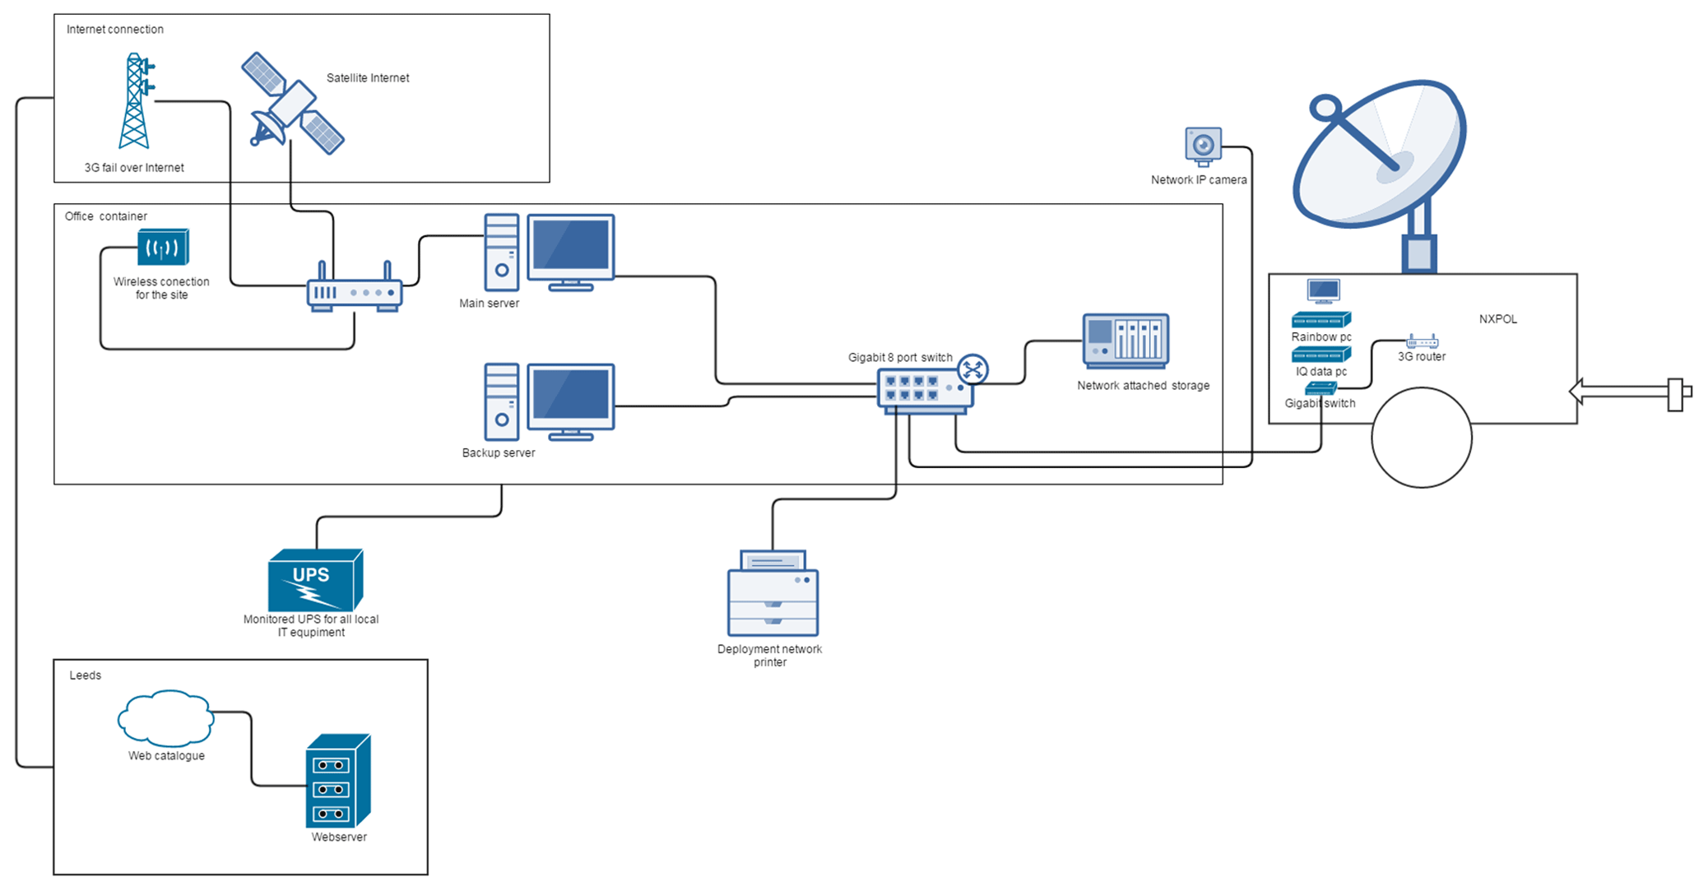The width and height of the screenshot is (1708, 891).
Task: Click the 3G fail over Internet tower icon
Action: [135, 102]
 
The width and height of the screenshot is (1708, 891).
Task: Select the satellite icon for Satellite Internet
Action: [292, 104]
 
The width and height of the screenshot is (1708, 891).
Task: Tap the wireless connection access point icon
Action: [163, 247]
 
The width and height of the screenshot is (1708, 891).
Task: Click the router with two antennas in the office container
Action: [355, 290]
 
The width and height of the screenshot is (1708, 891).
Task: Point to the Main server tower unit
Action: [501, 253]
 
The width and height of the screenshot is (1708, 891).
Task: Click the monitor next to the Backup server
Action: [570, 401]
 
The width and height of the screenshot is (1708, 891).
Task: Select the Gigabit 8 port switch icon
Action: [926, 389]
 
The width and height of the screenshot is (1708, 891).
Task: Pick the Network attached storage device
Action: [1126, 341]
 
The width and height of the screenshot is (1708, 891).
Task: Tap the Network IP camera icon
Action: [1203, 146]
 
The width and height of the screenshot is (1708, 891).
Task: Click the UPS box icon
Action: [315, 580]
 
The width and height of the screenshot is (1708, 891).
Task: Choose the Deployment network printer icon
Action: [773, 593]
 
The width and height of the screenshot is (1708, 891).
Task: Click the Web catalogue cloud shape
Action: [166, 718]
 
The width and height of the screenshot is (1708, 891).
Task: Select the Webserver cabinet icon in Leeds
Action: [338, 782]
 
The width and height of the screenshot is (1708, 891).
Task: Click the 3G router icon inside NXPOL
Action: [1422, 341]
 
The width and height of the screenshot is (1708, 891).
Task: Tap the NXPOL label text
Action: [1497, 319]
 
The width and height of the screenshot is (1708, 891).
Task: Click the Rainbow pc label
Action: [1320, 337]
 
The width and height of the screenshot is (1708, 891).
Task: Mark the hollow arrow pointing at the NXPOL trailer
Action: [1629, 392]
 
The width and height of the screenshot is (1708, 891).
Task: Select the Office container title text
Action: [106, 216]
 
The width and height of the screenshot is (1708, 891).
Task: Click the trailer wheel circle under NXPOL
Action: [1421, 438]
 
